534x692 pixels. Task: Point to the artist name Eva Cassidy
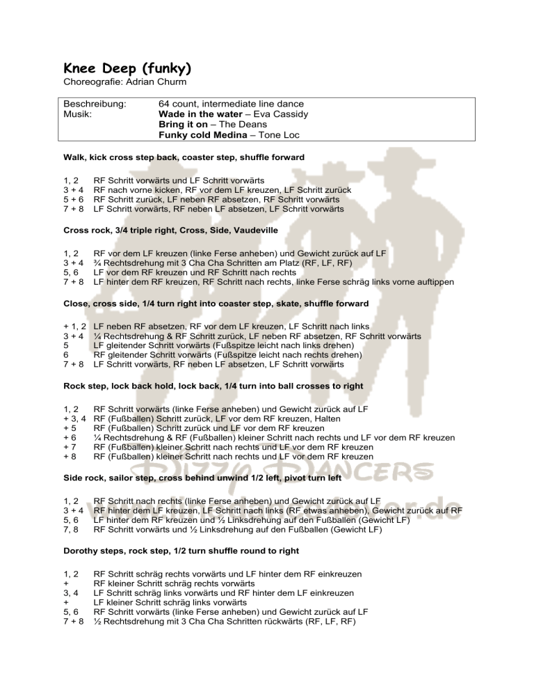click(281, 114)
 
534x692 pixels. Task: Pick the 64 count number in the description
click(179, 103)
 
